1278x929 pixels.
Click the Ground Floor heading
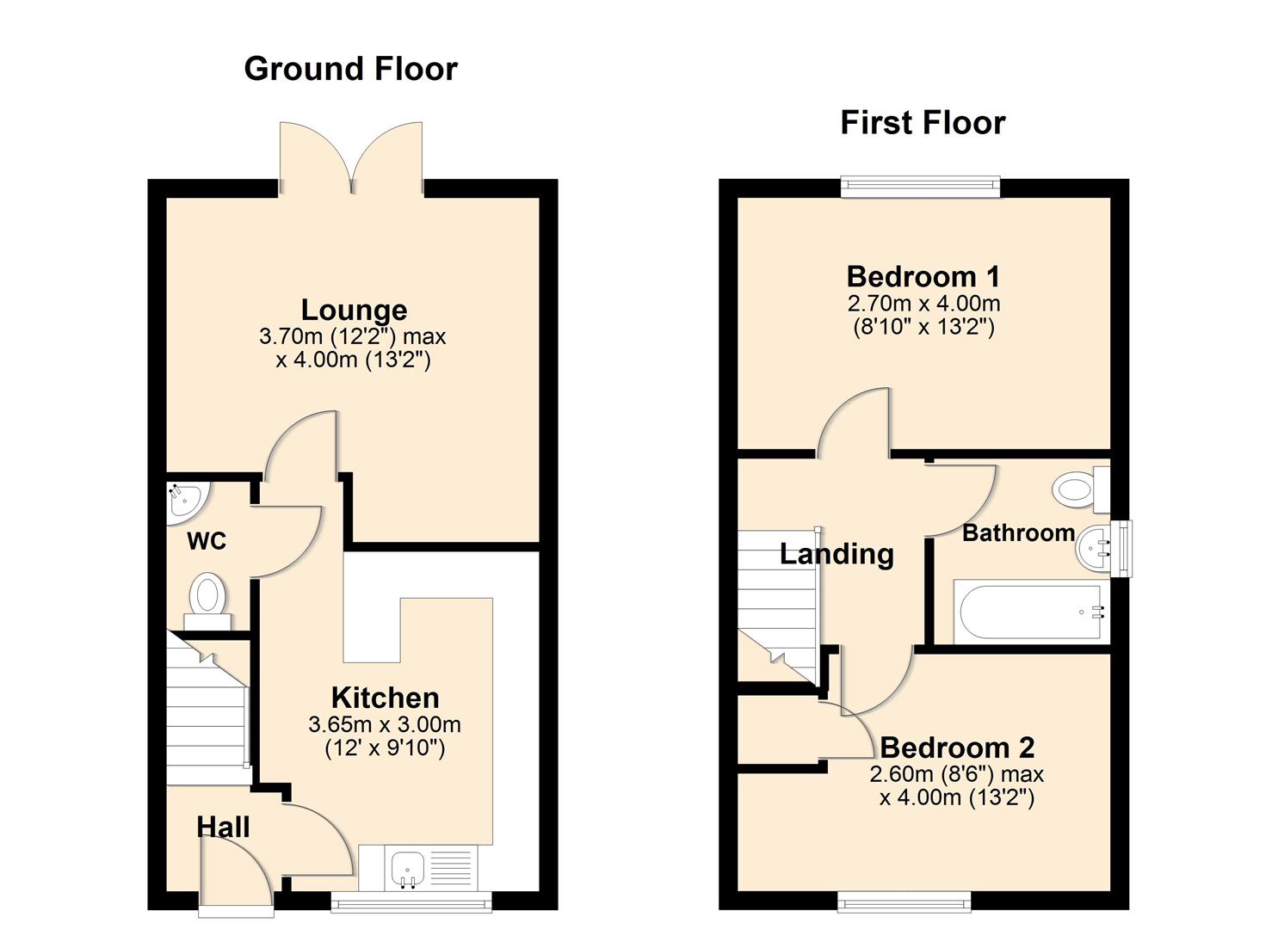350,69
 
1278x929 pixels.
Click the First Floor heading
923,123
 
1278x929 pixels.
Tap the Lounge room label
354,310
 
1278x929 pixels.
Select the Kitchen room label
385,698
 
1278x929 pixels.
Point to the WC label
207,541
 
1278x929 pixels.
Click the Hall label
223,827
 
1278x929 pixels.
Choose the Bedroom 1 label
923,276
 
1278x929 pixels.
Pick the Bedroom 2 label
957,747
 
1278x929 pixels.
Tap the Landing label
837,554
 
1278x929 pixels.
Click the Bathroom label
1018,533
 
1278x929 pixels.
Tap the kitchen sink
404,868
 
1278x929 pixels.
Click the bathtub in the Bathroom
1028,612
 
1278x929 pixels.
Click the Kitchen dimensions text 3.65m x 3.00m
385,724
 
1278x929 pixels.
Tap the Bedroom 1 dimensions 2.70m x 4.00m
923,304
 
